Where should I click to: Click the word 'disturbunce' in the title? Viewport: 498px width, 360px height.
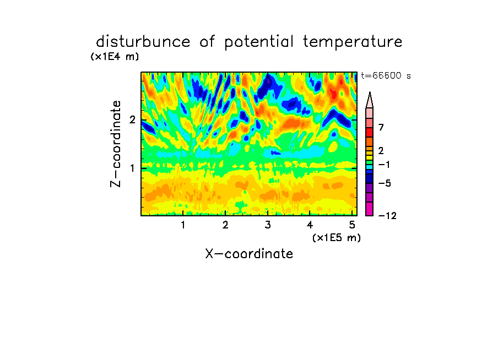click(143, 42)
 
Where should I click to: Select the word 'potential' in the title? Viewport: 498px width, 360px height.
click(259, 42)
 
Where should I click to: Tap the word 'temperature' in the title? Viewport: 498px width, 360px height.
click(353, 42)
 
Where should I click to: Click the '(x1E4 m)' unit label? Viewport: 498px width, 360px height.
click(115, 57)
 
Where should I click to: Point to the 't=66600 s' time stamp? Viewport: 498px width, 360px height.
click(386, 76)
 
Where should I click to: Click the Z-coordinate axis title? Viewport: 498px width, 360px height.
click(116, 144)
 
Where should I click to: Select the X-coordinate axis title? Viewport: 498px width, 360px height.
click(249, 254)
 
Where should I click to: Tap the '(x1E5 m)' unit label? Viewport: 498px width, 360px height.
click(337, 238)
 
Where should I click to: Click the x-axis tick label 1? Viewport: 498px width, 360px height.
click(183, 225)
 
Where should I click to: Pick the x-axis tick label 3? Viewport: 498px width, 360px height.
click(268, 225)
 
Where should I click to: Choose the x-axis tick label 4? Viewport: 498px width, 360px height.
click(310, 225)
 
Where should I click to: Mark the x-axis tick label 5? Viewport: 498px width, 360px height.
click(352, 225)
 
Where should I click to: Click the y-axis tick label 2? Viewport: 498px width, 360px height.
click(132, 120)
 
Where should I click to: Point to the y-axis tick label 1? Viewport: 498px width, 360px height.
click(132, 168)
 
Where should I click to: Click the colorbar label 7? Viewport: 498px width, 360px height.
click(381, 127)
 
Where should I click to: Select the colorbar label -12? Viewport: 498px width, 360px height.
click(387, 216)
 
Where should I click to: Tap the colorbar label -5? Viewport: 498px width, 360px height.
click(385, 183)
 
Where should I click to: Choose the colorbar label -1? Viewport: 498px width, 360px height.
click(384, 165)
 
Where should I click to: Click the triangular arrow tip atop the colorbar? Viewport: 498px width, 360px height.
click(370, 92)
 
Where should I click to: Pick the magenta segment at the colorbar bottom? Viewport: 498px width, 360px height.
click(370, 209)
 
